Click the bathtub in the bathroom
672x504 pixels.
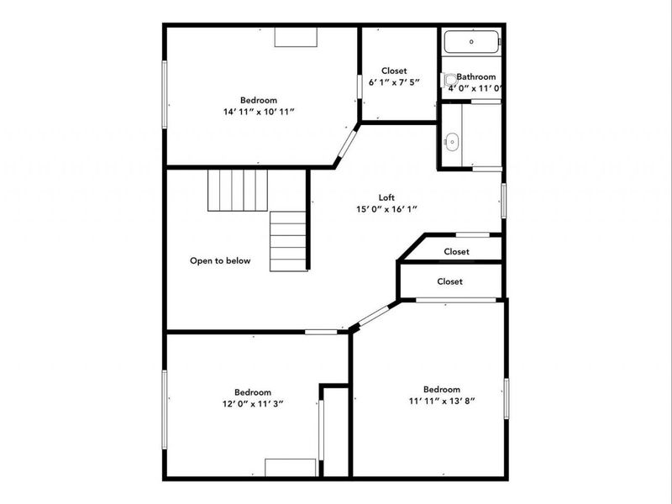click(x=471, y=41)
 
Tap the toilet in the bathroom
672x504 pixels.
click(x=449, y=80)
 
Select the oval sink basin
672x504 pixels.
click(x=452, y=142)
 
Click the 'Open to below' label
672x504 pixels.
click(x=220, y=260)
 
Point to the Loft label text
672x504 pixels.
click(x=386, y=197)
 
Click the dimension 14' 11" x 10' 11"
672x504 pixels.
click(x=259, y=112)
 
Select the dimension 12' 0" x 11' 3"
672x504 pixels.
click(x=253, y=404)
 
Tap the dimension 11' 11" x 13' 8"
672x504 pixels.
click(x=442, y=402)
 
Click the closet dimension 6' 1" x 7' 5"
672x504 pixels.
click(x=394, y=82)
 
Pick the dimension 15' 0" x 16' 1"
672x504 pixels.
click(x=386, y=209)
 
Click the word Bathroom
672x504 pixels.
click(x=475, y=76)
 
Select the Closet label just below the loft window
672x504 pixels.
click(x=456, y=251)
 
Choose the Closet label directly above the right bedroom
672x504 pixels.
click(x=450, y=281)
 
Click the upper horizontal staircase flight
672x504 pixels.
click(x=238, y=191)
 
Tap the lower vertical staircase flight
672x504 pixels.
click(x=288, y=241)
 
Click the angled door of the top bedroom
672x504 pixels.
click(x=347, y=144)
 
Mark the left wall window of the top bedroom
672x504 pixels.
click(x=164, y=94)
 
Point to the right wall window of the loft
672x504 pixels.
click(x=503, y=201)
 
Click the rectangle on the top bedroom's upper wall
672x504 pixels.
click(x=296, y=37)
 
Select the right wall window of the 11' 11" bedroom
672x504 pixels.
click(x=507, y=398)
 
